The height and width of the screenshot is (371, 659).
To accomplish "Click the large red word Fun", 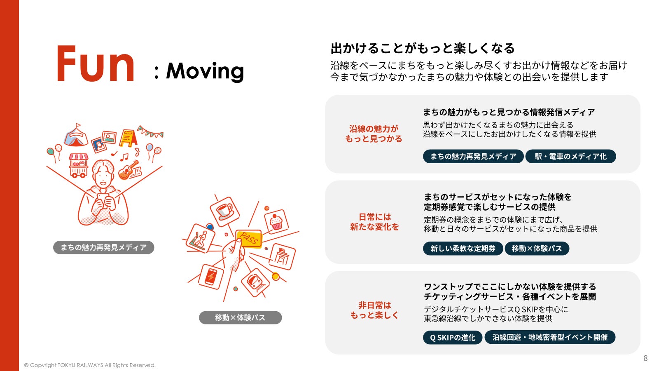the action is [x=96, y=65].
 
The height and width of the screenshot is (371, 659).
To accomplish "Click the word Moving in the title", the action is [x=205, y=71].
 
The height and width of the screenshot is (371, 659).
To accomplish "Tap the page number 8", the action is [x=645, y=358].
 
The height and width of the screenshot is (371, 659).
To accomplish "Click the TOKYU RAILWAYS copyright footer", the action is [x=90, y=365].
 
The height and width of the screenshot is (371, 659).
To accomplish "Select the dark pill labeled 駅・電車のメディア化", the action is [x=570, y=157].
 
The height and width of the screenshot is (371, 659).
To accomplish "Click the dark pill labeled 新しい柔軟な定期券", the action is [x=463, y=249].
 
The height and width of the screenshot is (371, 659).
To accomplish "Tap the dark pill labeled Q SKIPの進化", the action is [x=452, y=338].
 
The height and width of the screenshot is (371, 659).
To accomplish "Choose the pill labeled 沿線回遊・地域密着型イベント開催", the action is [x=549, y=337].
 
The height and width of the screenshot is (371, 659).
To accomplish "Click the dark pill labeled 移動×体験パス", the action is [x=537, y=249].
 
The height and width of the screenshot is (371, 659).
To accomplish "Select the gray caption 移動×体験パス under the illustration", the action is [x=240, y=318].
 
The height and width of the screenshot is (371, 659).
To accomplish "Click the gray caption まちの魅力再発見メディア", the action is [x=103, y=248].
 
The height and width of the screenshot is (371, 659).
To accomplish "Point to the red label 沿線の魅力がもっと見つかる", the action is [x=374, y=134].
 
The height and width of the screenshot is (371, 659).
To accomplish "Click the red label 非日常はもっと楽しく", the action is [x=374, y=310].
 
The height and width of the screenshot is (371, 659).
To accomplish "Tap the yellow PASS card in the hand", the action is [x=248, y=239].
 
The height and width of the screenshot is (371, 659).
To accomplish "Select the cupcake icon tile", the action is [x=276, y=222].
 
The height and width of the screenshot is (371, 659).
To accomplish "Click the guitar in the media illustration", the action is [x=129, y=170].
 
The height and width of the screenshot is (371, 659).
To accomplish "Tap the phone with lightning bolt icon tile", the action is [x=210, y=277].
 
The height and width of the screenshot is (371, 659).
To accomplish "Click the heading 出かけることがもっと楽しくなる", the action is [x=422, y=49].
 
